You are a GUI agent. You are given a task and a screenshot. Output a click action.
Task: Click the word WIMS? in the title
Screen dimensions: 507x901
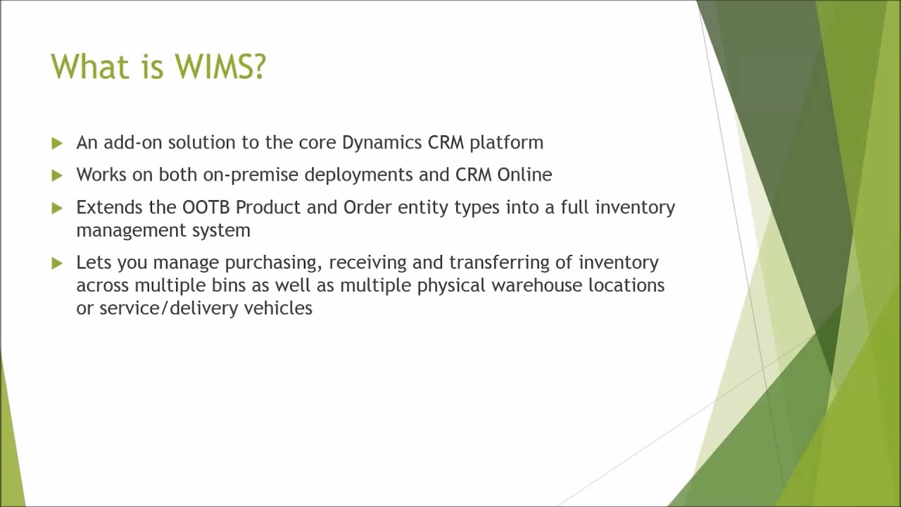coord(220,67)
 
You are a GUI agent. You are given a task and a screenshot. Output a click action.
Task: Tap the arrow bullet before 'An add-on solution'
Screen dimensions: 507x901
coord(57,143)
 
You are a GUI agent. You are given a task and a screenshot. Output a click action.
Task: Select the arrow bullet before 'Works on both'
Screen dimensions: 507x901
coord(57,175)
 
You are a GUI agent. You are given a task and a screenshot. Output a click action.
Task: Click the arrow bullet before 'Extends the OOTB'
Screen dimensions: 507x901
coord(57,208)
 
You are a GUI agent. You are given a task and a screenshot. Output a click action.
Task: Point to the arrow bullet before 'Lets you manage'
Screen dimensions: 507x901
coord(57,263)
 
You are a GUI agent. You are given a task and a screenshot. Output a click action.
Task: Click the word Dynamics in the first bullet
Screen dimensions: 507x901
coord(382,143)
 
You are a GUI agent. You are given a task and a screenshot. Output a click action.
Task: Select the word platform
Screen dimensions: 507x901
coord(506,143)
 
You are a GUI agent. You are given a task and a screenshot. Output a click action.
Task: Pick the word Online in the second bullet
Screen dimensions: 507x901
coord(524,174)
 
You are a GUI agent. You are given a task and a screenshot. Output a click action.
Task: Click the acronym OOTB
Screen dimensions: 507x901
coord(206,207)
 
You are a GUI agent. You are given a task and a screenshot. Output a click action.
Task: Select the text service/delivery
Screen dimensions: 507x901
coord(169,308)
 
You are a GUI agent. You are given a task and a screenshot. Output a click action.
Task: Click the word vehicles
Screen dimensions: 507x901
coord(278,308)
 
